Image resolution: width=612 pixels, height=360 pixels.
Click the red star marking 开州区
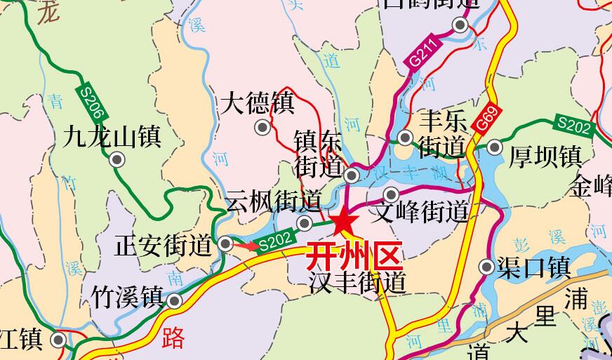point(343,222)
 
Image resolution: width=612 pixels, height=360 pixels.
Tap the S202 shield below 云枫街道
point(274,240)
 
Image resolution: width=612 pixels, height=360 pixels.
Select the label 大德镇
point(258,104)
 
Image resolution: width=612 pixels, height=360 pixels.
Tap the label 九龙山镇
point(112,135)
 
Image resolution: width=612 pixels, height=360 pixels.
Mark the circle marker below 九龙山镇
point(117,160)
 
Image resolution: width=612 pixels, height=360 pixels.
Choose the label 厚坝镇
point(545,156)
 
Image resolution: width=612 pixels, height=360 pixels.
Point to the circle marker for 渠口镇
point(486,267)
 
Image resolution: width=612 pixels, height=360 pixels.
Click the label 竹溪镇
point(127,297)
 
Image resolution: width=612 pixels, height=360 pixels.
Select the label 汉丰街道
point(358,282)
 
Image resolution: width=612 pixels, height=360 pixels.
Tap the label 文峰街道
point(421,211)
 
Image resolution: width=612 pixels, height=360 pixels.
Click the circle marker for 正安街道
point(226,244)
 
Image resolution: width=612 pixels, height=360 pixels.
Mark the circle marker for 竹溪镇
point(174,301)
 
